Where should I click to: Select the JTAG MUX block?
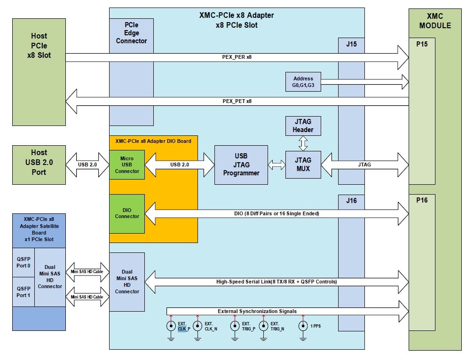303,165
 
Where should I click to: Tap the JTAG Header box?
303,126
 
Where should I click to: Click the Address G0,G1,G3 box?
303,82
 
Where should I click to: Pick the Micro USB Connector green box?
126,165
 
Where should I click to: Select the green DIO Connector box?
126,213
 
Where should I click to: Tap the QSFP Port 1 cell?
23,292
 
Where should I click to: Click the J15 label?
351,45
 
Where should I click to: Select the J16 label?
351,201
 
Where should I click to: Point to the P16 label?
421,201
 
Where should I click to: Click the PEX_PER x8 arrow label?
237,57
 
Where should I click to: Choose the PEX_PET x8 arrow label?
237,101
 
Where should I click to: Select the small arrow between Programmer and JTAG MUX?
276,165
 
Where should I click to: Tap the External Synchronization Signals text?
257,311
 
